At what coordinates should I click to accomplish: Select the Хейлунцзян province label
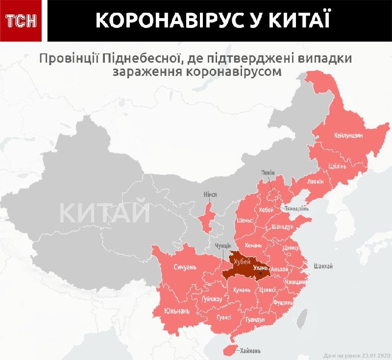pos(348,136)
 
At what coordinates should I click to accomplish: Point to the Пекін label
pos(268,173)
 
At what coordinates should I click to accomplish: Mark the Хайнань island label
pos(250,351)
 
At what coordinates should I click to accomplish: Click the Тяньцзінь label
pos(296,209)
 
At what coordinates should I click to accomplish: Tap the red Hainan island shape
pos(230,348)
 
